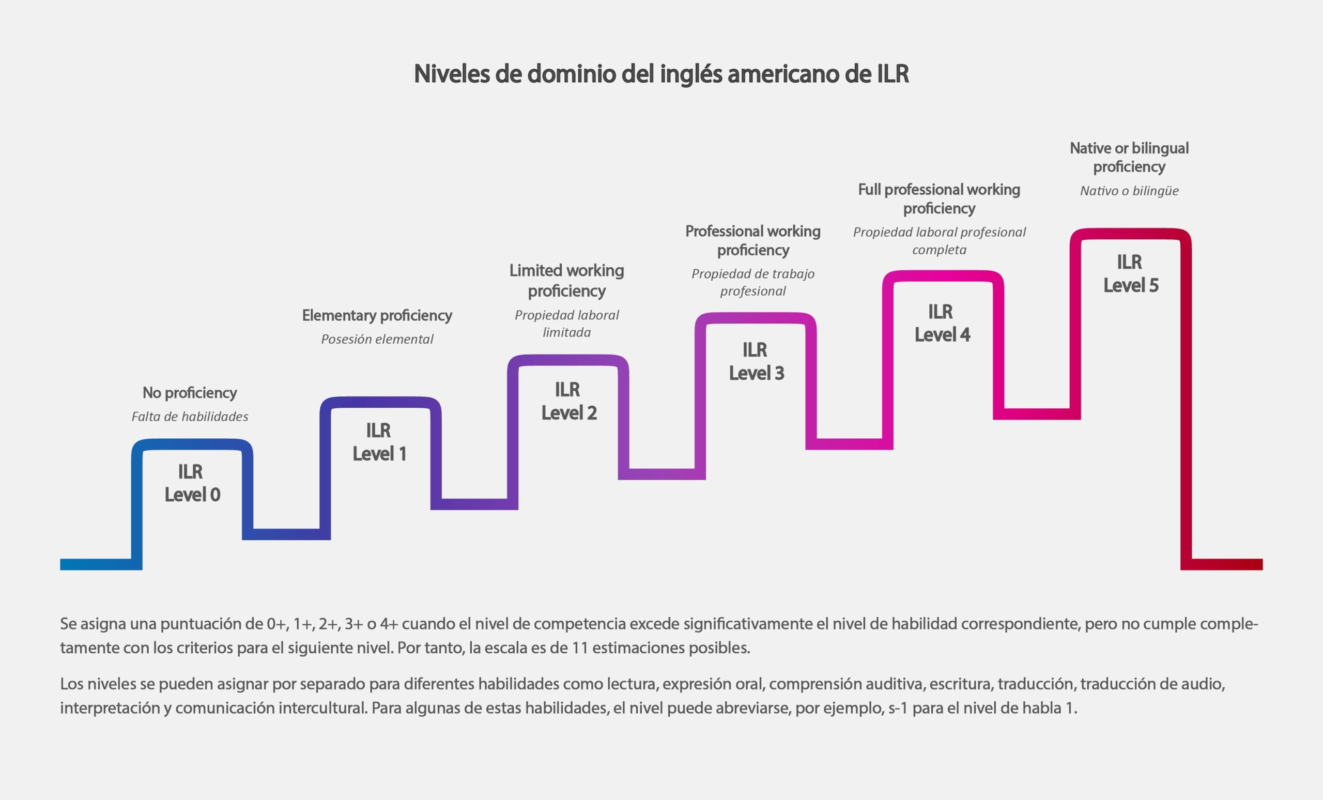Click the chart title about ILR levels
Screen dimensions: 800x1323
[x=661, y=74]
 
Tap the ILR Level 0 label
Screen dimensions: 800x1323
[x=192, y=483]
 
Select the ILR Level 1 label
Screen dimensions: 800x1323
[x=379, y=442]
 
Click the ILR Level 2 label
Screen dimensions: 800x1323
[x=568, y=401]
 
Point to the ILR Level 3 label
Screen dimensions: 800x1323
[x=756, y=361]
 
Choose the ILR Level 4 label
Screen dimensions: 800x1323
[x=942, y=323]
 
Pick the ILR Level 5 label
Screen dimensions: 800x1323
[x=1130, y=274]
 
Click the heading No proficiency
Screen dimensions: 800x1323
[x=190, y=393]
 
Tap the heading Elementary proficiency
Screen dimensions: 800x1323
[x=377, y=316]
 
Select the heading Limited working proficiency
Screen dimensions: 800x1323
[x=566, y=280]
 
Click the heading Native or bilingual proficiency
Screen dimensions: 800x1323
[x=1129, y=157]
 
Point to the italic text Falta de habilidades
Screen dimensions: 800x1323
[x=190, y=417]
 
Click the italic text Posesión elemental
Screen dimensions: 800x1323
[x=377, y=340]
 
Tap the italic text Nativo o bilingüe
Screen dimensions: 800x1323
[x=1129, y=191]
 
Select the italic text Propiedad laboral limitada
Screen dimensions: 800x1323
[x=566, y=324]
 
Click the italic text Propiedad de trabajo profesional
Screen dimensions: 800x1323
[x=753, y=282]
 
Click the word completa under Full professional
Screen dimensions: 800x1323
[x=939, y=250]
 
